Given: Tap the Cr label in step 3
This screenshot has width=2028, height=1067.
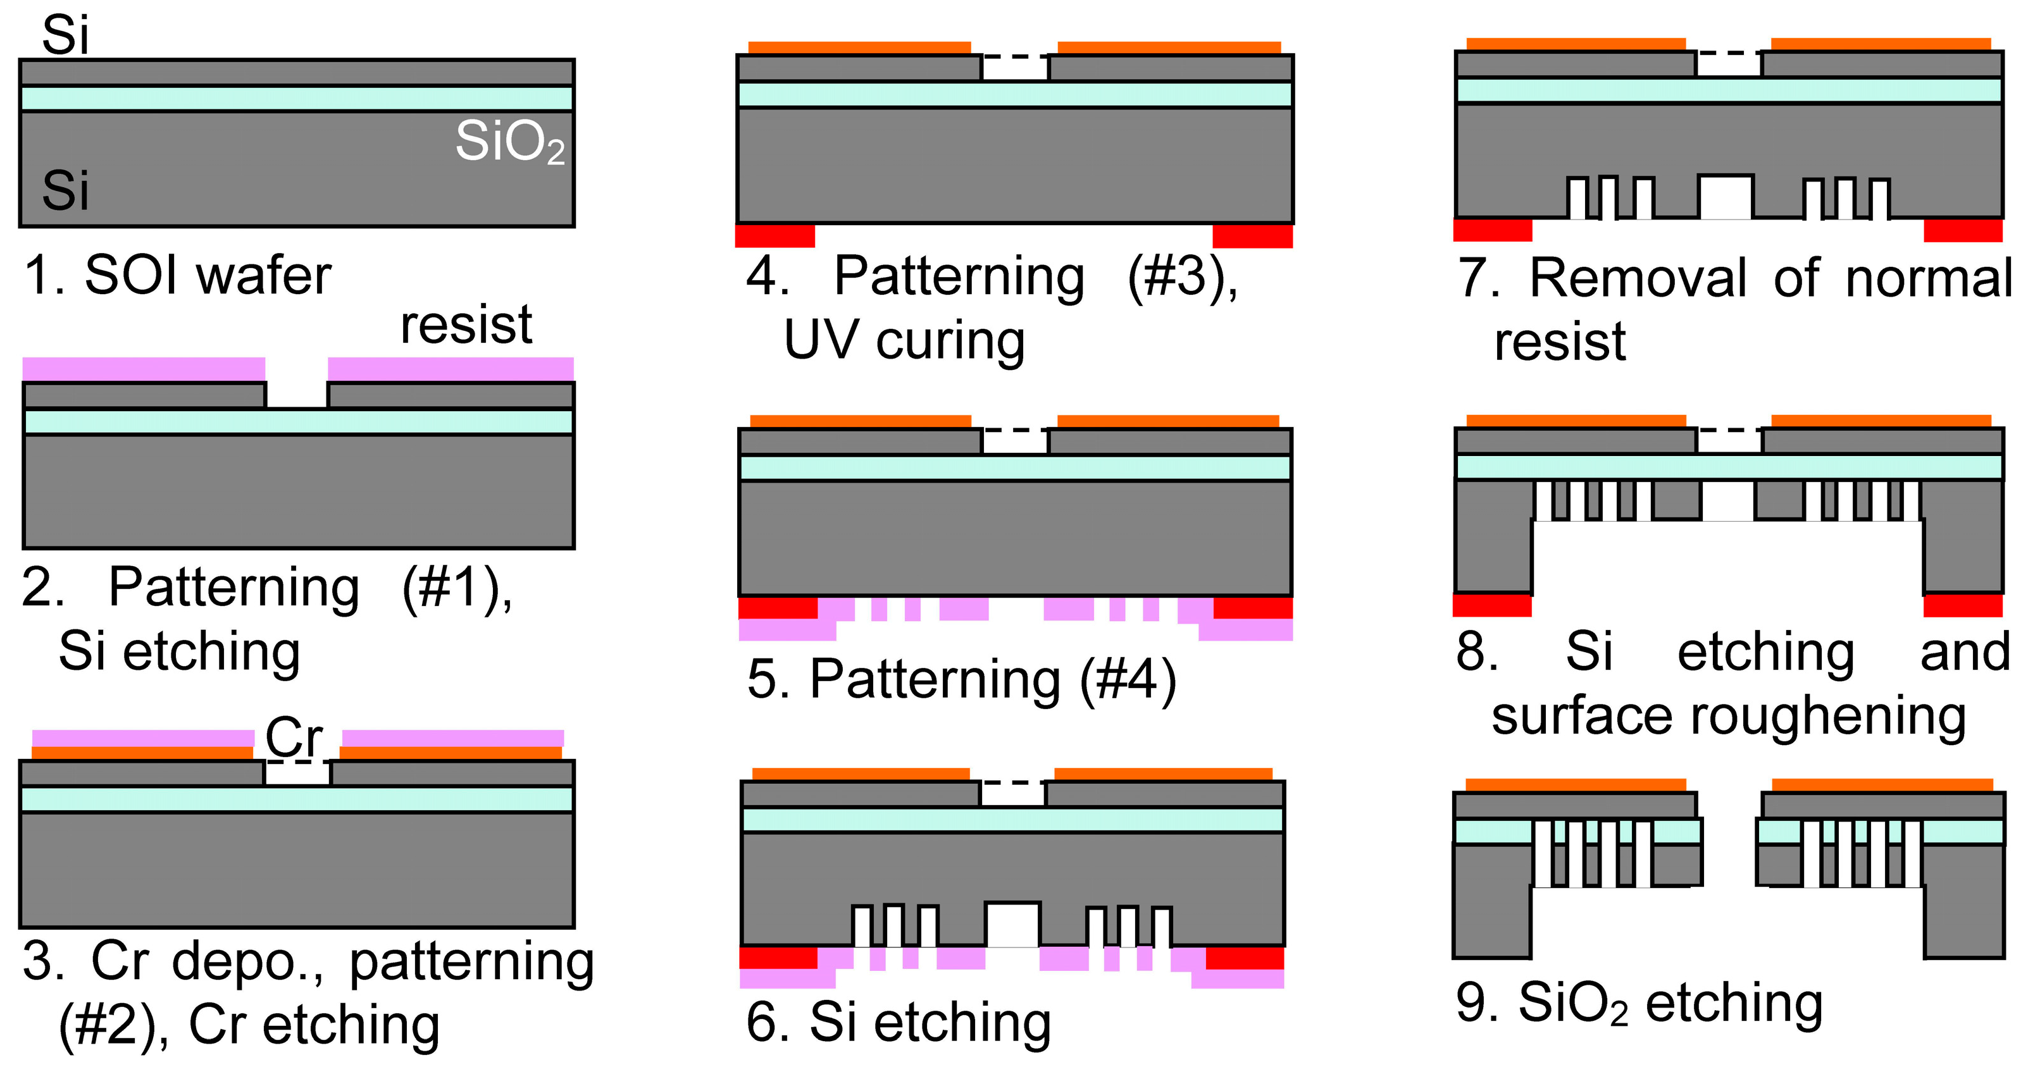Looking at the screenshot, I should tap(294, 737).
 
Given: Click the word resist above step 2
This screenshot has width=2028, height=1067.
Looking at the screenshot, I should tap(466, 324).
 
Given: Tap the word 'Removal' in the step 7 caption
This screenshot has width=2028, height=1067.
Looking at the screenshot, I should tap(1638, 278).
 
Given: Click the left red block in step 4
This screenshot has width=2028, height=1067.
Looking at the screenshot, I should tap(774, 235).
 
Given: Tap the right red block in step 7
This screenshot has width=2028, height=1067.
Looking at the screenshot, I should tap(1963, 230).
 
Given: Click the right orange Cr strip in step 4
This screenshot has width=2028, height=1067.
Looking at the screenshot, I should tap(1169, 47).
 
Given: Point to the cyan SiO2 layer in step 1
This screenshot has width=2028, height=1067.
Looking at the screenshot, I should tap(297, 99).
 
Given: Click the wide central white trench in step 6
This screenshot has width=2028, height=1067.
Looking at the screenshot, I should tap(1012, 925).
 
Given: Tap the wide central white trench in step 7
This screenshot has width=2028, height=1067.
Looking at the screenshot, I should tap(1726, 197).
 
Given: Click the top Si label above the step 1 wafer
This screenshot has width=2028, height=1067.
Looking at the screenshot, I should tap(65, 35).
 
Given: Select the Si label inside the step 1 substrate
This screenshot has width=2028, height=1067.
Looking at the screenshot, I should tap(65, 190).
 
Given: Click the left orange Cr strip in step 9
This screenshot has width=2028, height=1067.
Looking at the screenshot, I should tap(1576, 784).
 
